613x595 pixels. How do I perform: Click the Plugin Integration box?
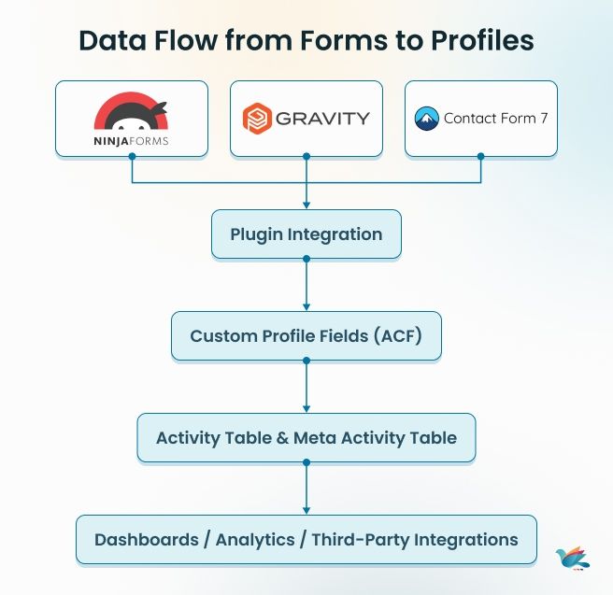[x=306, y=234]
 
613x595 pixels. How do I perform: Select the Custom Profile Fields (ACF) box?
[x=306, y=335]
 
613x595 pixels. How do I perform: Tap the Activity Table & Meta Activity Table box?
[x=306, y=437]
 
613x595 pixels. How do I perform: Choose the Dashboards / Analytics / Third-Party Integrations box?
[x=306, y=539]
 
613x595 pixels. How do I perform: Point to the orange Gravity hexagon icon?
[x=255, y=119]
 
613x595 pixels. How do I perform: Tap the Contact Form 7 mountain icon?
[x=426, y=119]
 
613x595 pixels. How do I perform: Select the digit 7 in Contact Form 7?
[x=543, y=119]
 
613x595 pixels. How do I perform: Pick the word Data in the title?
[x=106, y=41]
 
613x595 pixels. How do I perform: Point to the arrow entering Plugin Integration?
[x=306, y=203]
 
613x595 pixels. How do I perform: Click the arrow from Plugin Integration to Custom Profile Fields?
[x=306, y=305]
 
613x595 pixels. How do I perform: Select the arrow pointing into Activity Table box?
[x=306, y=407]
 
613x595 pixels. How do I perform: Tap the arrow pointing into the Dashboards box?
[x=306, y=508]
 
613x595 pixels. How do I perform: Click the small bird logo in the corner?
[x=572, y=558]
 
